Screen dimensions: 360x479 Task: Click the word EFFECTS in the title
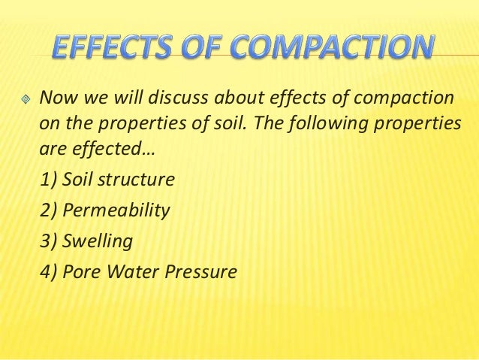(x=114, y=47)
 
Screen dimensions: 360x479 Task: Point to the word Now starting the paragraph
(x=55, y=98)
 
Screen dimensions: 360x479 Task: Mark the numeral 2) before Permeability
(x=48, y=210)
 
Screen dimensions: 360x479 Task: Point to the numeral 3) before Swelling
(x=48, y=241)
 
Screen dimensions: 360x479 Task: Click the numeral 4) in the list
(x=48, y=271)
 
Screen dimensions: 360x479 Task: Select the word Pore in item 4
(x=79, y=271)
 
